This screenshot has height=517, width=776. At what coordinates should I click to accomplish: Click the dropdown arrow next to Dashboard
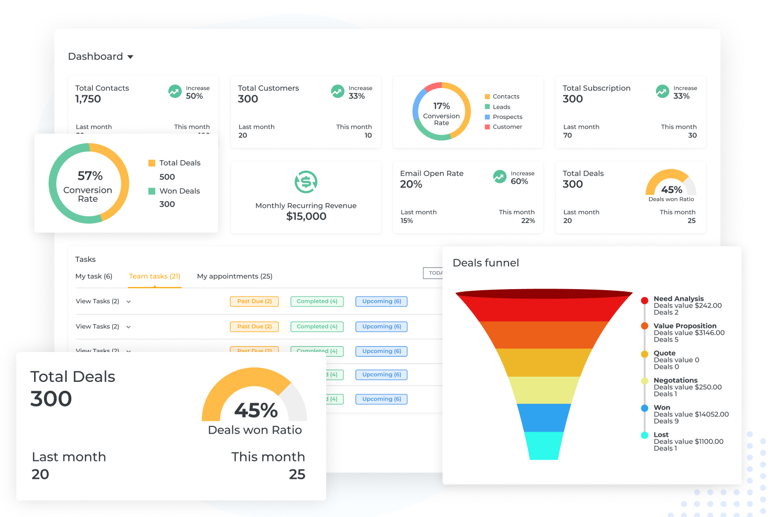[x=131, y=57]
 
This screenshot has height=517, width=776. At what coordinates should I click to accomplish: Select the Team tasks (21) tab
[x=155, y=276]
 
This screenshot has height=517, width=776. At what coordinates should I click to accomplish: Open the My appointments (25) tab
[x=234, y=276]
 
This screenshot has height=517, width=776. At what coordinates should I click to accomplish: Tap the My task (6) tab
[x=94, y=276]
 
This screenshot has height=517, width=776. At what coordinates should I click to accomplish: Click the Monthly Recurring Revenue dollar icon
[x=306, y=182]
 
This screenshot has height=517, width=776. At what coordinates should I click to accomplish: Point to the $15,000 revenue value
[x=306, y=216]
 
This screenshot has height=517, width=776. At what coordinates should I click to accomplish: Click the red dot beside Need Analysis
[x=644, y=300]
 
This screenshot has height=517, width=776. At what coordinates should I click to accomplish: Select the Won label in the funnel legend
[x=662, y=408]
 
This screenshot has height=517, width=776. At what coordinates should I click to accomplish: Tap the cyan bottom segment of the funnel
[x=544, y=446]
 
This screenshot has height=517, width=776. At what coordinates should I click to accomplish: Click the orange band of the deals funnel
[x=544, y=335]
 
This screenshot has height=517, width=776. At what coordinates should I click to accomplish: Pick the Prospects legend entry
[x=507, y=117]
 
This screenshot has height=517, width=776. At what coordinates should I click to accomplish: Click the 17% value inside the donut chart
[x=441, y=106]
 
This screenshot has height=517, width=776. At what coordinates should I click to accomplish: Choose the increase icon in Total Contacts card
[x=175, y=92]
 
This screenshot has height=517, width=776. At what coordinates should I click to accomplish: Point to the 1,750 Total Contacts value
[x=88, y=99]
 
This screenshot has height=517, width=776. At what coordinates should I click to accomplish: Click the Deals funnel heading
[x=486, y=263]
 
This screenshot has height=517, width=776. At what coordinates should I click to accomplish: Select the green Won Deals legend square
[x=152, y=191]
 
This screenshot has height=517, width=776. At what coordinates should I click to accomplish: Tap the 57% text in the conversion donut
[x=90, y=175]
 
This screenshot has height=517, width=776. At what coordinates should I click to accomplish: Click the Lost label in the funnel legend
[x=661, y=435]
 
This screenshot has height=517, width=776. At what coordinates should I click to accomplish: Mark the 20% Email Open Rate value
[x=411, y=184]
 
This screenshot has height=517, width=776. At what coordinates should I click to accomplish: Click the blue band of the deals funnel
[x=544, y=417]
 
